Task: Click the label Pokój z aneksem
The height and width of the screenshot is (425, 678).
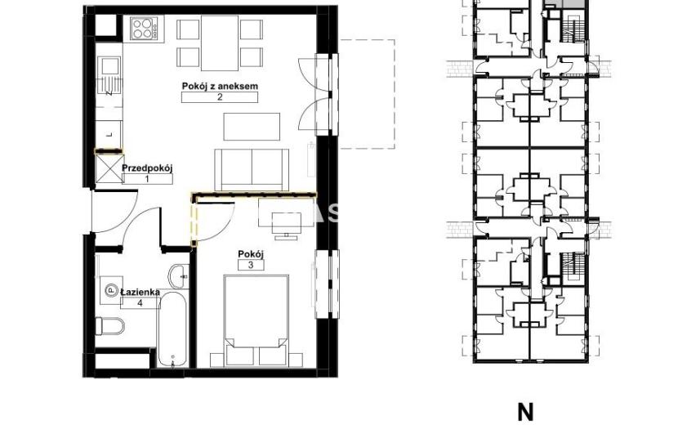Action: coord(220,86)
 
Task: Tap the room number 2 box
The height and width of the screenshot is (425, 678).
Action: coord(220,97)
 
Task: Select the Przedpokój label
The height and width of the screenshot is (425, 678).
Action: coord(147,168)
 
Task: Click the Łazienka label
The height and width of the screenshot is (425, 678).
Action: coord(141,292)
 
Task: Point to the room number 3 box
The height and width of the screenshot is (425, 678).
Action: coord(251,265)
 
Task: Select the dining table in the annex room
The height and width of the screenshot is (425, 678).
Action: coord(220,43)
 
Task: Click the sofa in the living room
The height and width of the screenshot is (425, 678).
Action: coord(252,169)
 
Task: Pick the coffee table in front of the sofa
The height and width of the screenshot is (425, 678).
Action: coord(252,127)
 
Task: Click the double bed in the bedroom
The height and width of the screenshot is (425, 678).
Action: coord(256,320)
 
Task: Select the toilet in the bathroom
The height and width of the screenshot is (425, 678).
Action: coord(109,326)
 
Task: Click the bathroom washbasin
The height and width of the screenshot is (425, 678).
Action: coord(179,275)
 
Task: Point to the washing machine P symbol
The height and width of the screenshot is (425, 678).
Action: coord(111,290)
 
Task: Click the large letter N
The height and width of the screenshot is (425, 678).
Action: coord(525,412)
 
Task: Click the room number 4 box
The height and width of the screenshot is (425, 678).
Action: coord(141,303)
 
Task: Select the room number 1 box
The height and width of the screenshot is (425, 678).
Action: coord(147,178)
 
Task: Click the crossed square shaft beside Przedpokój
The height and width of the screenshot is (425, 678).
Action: coord(108,168)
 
